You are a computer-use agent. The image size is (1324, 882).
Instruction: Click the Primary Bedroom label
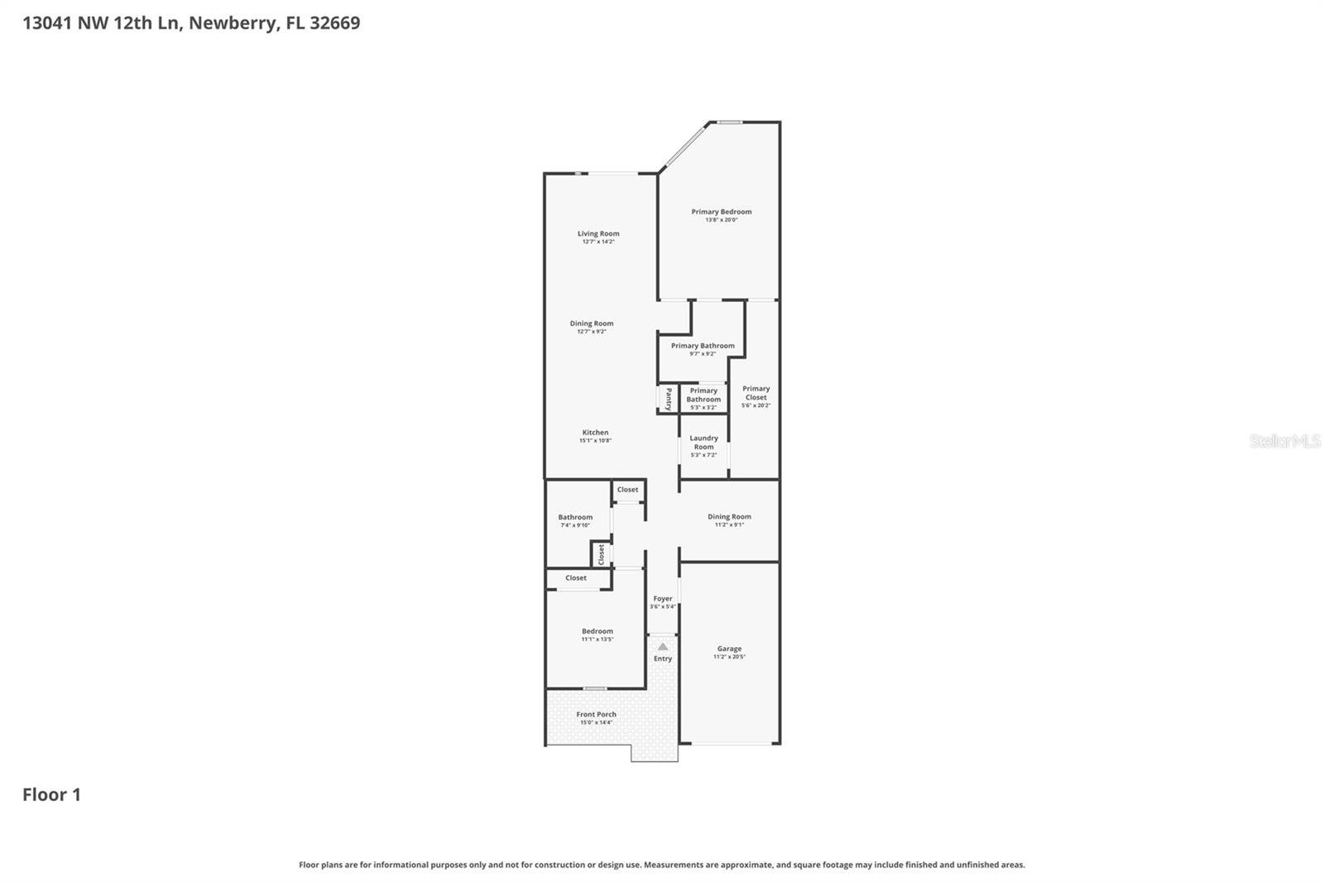[722, 212]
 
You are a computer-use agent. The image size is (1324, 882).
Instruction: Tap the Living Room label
[598, 233]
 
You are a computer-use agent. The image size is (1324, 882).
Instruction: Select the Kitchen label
[595, 433]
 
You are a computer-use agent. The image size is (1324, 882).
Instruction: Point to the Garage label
[729, 649]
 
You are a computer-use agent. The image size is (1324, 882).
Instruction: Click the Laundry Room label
[703, 443]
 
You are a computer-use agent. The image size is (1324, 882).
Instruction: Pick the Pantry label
[669, 400]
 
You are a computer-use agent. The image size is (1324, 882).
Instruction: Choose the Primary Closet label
[756, 393]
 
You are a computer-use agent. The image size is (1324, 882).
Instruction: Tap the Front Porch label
[596, 714]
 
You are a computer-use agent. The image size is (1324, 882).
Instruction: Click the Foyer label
[663, 598]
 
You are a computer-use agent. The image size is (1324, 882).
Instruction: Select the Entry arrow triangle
[663, 646]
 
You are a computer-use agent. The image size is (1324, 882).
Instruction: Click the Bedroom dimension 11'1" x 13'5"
[597, 640]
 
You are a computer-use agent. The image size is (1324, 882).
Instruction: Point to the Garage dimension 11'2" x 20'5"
[729, 657]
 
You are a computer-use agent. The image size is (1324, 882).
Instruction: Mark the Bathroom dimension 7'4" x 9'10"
[575, 525]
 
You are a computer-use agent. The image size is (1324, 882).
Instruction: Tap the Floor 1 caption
[51, 795]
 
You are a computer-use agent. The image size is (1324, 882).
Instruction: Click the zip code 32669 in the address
[334, 23]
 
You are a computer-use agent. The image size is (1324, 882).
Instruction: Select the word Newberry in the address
[233, 23]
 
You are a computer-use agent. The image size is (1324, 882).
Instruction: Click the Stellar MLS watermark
[1284, 441]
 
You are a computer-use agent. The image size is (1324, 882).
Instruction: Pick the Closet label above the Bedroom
[576, 578]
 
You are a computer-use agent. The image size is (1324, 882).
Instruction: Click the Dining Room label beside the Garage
[729, 516]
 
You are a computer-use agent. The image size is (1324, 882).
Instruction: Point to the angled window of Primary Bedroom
[684, 147]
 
